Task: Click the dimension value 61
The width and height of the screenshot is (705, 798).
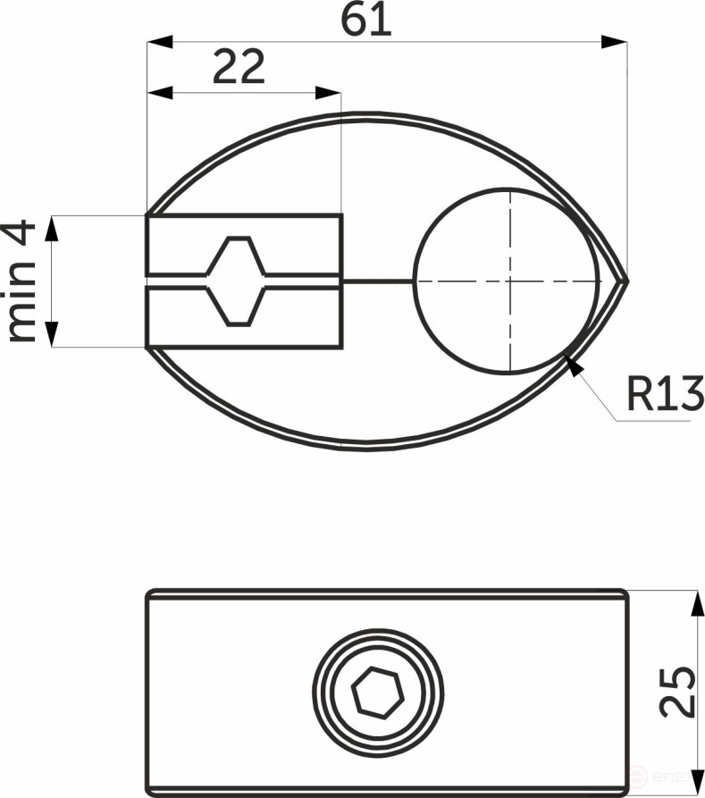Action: point(366,20)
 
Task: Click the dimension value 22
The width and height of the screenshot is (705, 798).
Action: point(239,68)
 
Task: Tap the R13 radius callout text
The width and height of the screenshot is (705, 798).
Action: point(665,394)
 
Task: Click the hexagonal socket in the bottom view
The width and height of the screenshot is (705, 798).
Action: point(378,693)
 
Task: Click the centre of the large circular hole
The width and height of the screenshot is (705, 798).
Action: point(508,281)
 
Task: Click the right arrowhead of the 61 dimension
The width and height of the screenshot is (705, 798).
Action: point(615,41)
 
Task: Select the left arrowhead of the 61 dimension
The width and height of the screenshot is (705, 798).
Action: point(159,41)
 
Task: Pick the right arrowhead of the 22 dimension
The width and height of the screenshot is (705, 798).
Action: point(329,92)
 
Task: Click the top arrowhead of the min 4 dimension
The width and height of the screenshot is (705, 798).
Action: point(52,228)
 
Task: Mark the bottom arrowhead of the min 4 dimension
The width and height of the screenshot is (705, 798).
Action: point(52,334)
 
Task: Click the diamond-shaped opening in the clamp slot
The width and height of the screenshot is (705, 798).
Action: point(236,281)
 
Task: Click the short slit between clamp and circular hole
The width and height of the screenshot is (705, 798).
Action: point(377,281)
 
